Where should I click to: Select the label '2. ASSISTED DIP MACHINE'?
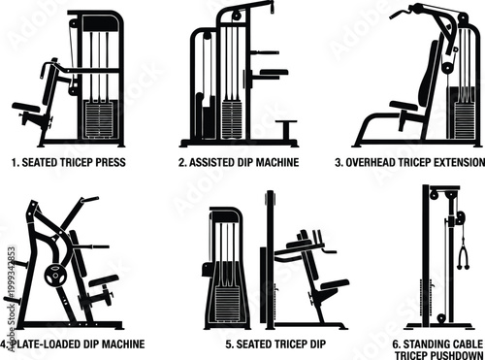pyautogui.click(x=241, y=163)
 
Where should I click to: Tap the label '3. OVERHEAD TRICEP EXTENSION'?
pyautogui.click(x=406, y=163)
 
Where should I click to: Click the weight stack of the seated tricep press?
pyautogui.click(x=101, y=118)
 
